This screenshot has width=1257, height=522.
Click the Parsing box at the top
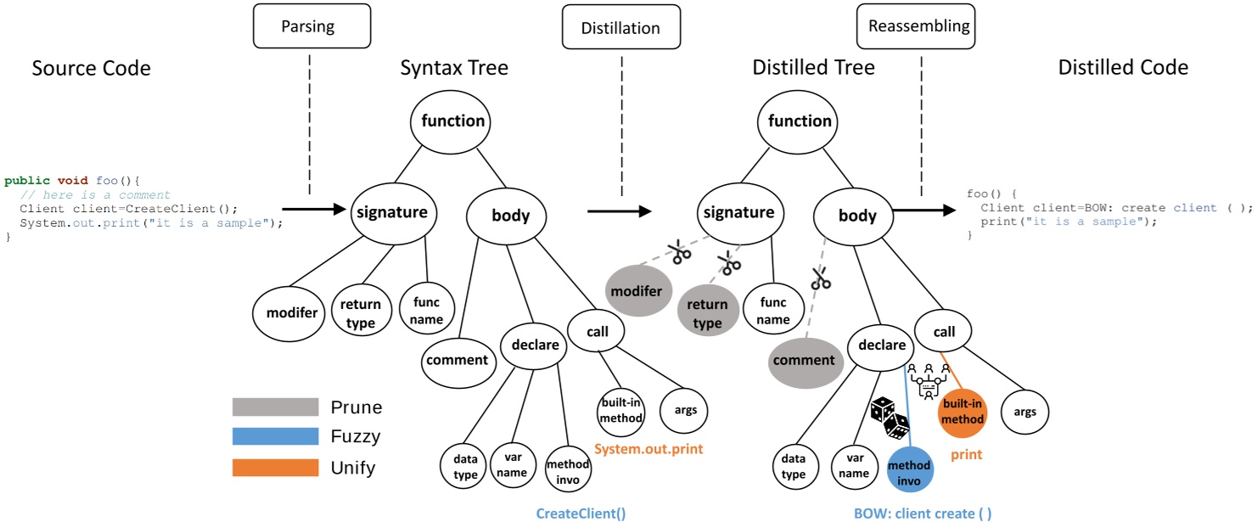coord(307,25)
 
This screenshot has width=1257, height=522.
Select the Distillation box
coord(620,27)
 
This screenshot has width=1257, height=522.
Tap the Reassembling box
coord(918,25)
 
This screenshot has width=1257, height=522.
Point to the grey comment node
coord(804,360)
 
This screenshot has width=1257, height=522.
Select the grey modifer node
coord(637,291)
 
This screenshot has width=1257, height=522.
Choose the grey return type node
coord(707,313)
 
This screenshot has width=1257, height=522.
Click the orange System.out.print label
coord(648,449)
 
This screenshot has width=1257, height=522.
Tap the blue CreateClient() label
coord(581,513)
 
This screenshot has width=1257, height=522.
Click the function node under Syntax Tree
coord(452,121)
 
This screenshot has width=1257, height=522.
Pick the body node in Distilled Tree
coord(856,216)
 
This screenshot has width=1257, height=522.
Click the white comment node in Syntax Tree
coord(457,360)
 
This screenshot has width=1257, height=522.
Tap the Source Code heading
coord(91,68)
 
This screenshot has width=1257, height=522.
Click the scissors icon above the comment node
coord(820,278)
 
